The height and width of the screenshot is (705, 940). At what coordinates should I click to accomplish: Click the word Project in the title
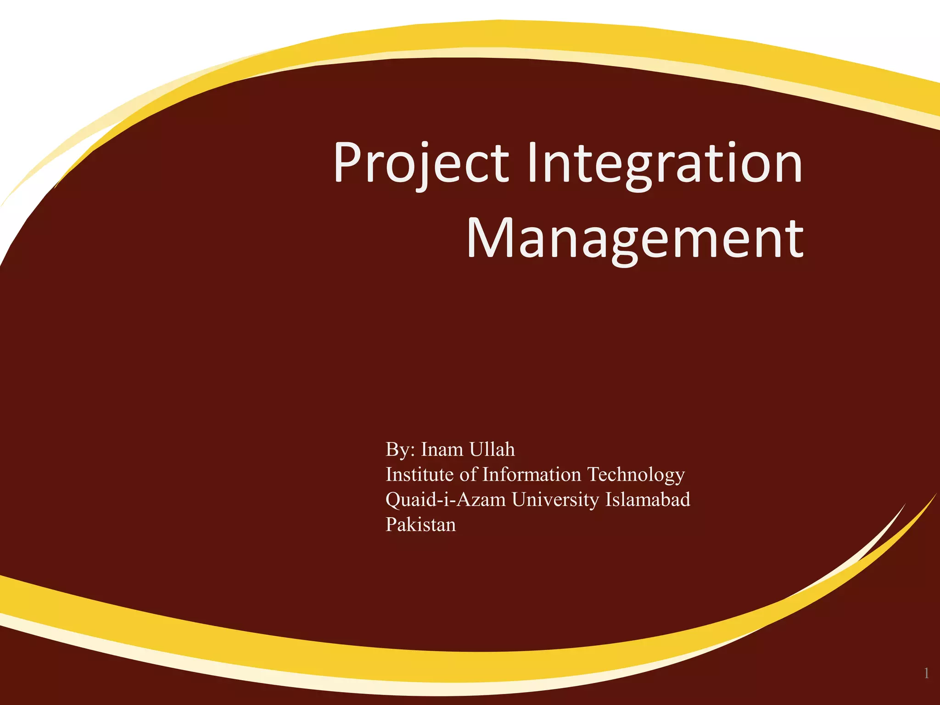[x=421, y=163]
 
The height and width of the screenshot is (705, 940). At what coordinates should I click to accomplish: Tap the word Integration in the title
[x=665, y=163]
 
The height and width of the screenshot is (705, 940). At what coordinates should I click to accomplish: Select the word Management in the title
[x=635, y=239]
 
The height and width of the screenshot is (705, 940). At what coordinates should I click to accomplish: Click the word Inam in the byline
[x=442, y=449]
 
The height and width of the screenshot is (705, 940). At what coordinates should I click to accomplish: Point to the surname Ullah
[x=492, y=449]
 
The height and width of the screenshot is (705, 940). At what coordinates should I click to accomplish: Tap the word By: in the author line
[x=400, y=449]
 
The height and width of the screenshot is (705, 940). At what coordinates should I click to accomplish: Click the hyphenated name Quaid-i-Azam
[x=446, y=500]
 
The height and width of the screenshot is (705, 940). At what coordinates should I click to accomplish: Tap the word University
[x=555, y=500]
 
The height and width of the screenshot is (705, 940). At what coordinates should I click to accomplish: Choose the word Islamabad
[x=648, y=499]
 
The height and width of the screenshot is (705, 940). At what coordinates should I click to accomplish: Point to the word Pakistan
[x=421, y=525]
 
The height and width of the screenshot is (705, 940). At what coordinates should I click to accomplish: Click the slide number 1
[x=926, y=673]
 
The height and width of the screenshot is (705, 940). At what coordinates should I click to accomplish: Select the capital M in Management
[x=489, y=238]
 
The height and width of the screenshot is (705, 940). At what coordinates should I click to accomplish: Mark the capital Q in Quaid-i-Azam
[x=393, y=500]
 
